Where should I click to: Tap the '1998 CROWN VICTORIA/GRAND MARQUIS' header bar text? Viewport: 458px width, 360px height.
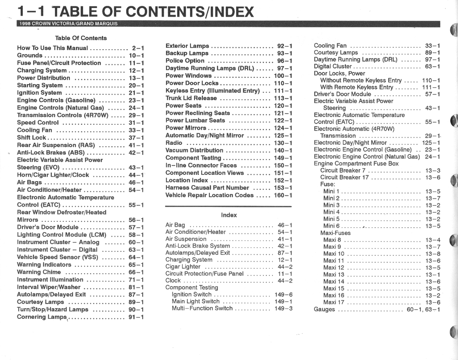68,24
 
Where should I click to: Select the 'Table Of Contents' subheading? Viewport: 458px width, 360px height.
81,38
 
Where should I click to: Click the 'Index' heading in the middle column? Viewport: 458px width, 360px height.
229,215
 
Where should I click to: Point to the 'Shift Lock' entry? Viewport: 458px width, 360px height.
31,138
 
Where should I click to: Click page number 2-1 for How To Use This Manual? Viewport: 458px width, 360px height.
138,48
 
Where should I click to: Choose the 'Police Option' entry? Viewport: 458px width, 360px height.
185,61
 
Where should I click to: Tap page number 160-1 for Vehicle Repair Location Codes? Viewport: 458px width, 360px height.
283,195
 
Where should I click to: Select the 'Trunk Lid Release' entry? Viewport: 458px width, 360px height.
191,98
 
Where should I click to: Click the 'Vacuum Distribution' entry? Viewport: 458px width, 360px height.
194,150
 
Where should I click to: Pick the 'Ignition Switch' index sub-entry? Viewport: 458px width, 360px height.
191,295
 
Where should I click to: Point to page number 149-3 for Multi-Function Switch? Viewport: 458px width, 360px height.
284,309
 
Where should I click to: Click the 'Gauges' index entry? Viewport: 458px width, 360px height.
324,309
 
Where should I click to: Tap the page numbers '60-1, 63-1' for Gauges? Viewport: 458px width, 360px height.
424,309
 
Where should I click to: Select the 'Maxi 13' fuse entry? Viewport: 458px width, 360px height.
334,275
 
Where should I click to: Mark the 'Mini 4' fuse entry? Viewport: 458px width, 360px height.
331,212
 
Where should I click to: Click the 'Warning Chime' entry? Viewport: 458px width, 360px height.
39,272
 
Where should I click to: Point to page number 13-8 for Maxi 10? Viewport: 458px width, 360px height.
433,254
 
